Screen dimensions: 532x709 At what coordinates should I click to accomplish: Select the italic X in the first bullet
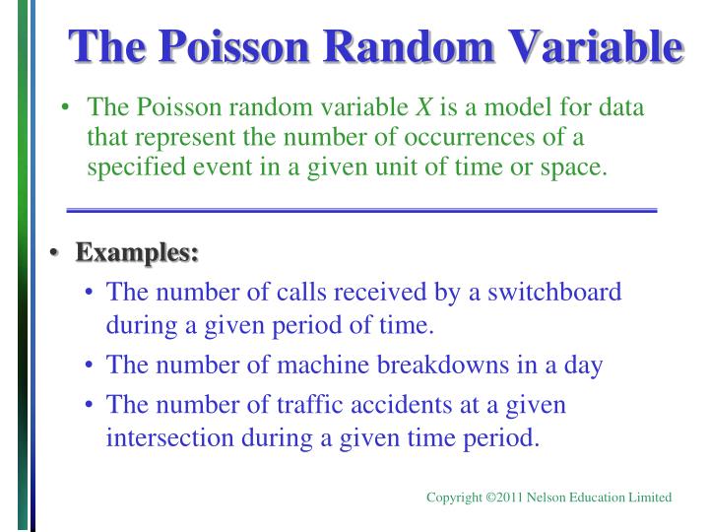[426, 106]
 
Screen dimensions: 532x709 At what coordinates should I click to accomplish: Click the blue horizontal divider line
[360, 211]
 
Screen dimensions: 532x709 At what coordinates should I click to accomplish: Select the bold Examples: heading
[138, 253]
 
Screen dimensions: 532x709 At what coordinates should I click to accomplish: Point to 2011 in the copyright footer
[505, 498]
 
